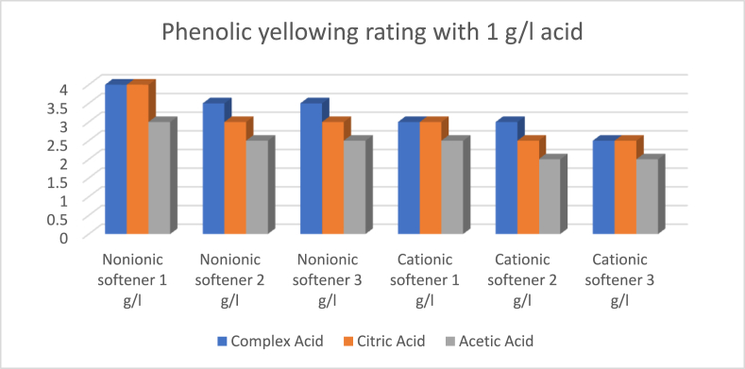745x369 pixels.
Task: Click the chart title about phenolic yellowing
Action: (x=372, y=34)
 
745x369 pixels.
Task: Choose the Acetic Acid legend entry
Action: (x=500, y=340)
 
